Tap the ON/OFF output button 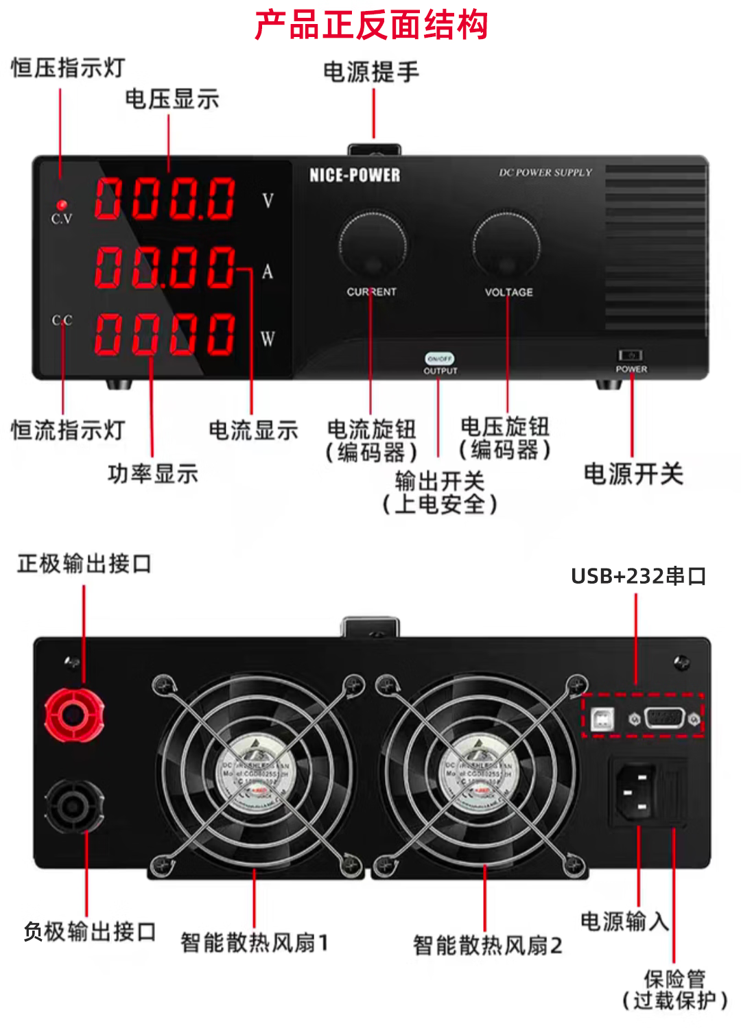(440, 359)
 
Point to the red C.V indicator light (62, 205)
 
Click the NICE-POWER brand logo (354, 176)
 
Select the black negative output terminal (73, 806)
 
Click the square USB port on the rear (602, 719)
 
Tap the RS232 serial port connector (664, 719)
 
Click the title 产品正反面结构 (370, 25)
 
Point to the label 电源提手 (370, 71)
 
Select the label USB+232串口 (638, 576)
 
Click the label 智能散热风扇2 (487, 945)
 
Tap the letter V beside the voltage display (268, 201)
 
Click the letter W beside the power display (268, 338)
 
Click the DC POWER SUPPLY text (545, 173)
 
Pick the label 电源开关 (633, 474)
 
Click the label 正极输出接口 (84, 564)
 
